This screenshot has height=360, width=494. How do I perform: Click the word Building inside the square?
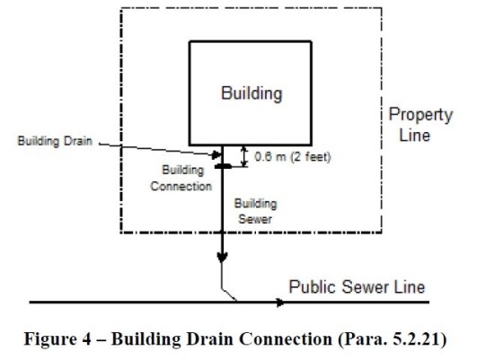[251, 93]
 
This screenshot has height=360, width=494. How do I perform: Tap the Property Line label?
[420, 125]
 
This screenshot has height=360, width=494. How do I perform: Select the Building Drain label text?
[55, 141]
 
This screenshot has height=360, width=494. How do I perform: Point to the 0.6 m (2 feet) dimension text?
[293, 156]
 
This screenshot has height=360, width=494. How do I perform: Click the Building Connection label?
[181, 179]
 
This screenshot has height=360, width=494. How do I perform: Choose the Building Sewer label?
[255, 211]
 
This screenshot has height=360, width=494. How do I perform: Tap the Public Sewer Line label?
[357, 287]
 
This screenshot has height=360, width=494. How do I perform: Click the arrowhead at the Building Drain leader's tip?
[216, 154]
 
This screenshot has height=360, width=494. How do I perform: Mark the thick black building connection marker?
[223, 166]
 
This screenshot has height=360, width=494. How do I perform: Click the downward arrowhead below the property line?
[222, 258]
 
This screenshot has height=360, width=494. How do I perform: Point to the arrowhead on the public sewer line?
[280, 303]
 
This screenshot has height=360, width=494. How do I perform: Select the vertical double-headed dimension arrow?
[243, 156]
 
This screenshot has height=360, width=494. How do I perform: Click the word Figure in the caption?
[50, 339]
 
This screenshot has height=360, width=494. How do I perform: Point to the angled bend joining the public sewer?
[228, 294]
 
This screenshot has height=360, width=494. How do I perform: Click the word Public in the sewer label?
[313, 287]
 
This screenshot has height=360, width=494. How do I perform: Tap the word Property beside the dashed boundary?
[420, 115]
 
